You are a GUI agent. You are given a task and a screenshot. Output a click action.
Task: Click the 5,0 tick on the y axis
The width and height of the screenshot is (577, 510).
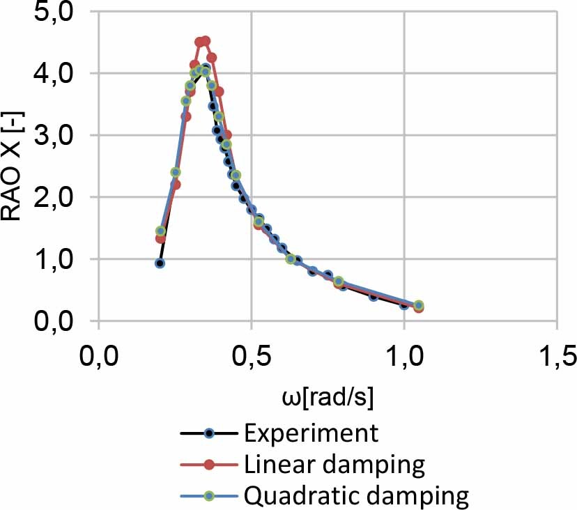pyautogui.click(x=56, y=13)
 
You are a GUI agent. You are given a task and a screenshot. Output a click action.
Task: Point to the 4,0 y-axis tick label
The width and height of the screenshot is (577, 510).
pyautogui.click(x=56, y=73)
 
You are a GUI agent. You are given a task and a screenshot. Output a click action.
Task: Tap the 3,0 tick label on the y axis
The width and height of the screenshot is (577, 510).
pyautogui.click(x=56, y=135)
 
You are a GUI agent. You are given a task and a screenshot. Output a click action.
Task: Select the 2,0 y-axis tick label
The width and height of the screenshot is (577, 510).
pyautogui.click(x=56, y=197)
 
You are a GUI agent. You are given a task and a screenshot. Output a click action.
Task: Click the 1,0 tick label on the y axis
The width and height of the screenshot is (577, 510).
pyautogui.click(x=56, y=259)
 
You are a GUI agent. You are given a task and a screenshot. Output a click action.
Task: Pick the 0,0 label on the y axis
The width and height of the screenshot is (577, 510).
pyautogui.click(x=56, y=321)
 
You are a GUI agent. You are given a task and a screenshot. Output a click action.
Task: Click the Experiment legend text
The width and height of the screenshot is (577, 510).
pyautogui.click(x=311, y=433)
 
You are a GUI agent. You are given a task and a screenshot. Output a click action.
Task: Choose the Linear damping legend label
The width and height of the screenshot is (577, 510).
pyautogui.click(x=334, y=465)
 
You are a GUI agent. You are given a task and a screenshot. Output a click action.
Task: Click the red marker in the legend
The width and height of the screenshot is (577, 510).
pyautogui.click(x=208, y=465)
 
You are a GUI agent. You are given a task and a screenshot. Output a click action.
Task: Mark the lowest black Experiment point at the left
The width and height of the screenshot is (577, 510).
pyautogui.click(x=160, y=263)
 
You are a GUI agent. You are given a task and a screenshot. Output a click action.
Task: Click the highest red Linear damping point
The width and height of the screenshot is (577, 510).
pyautogui.click(x=205, y=41)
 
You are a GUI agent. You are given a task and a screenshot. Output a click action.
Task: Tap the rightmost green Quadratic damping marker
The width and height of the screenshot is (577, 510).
pyautogui.click(x=419, y=305)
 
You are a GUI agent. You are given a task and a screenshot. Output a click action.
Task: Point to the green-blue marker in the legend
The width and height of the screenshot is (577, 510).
pyautogui.click(x=208, y=496)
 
